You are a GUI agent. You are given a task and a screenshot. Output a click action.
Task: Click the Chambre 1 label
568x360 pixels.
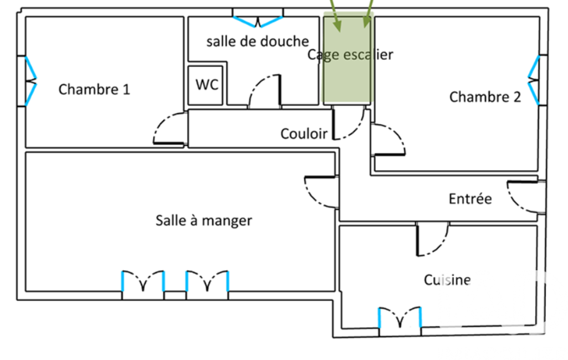(x=94, y=89)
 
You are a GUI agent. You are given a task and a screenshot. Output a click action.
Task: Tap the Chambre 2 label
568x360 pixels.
(x=485, y=97)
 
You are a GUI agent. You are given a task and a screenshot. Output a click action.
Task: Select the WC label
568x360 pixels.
(x=207, y=85)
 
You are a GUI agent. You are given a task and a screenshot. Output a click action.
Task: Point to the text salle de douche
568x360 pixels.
(x=258, y=42)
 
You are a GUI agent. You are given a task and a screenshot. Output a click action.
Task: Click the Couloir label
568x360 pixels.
(x=304, y=133)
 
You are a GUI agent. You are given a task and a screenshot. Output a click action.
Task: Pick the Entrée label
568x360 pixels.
(x=470, y=198)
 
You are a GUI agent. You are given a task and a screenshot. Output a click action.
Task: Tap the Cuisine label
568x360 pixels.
(x=447, y=280)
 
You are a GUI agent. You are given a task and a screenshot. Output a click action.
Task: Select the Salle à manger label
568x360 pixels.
(x=204, y=220)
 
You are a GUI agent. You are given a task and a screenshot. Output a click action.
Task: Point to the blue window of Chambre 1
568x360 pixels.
(x=31, y=81)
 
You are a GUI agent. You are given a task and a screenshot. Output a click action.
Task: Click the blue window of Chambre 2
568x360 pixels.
(x=533, y=80)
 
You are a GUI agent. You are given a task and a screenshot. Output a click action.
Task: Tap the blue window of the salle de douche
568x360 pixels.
(x=258, y=22)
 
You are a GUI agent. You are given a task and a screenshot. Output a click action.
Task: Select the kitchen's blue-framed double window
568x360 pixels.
(x=400, y=317)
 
